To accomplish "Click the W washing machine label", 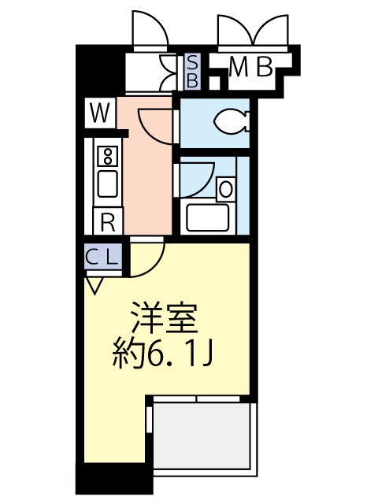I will pos(99,113).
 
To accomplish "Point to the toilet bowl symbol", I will pos(232,121).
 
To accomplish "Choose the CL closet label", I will pos(102,256).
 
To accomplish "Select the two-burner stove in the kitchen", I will pos(107,156).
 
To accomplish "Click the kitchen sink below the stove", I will pos(107,185).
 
